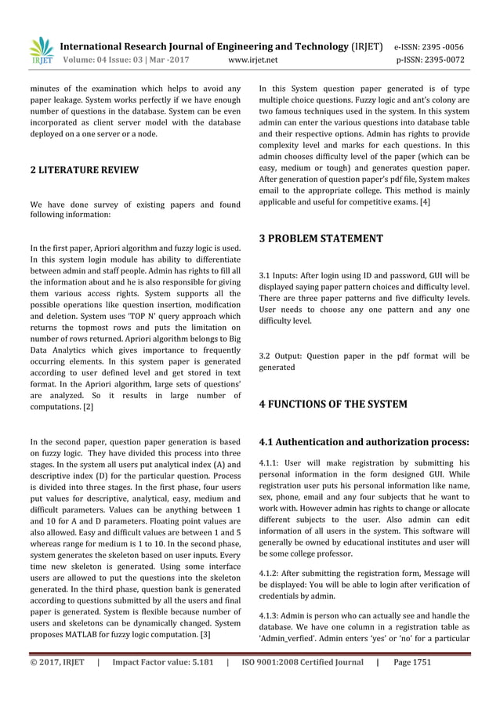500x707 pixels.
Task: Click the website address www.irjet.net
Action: (251, 59)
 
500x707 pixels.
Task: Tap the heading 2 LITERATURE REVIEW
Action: (84, 169)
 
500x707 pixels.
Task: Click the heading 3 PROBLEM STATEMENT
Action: (321, 238)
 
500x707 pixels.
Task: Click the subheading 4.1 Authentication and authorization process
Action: (364, 441)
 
